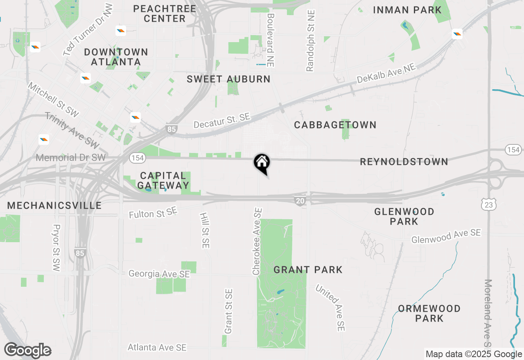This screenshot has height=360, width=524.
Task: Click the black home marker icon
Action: (x=262, y=163)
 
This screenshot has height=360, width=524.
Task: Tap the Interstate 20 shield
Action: (x=300, y=200)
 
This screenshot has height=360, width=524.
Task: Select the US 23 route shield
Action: (x=489, y=205)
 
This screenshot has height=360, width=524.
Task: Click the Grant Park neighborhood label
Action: (x=308, y=270)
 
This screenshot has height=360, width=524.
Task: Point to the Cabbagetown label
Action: (x=335, y=125)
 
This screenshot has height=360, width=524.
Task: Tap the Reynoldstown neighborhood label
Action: (x=404, y=162)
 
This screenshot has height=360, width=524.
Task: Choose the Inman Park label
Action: (x=407, y=10)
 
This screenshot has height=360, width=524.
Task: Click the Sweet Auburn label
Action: (x=228, y=79)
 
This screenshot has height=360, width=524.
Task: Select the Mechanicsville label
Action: (x=54, y=205)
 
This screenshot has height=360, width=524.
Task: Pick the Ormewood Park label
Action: (x=429, y=313)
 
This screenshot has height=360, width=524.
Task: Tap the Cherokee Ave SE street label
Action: (x=257, y=241)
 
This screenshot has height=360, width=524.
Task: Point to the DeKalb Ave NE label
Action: (x=386, y=74)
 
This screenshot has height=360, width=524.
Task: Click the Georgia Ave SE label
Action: (x=159, y=274)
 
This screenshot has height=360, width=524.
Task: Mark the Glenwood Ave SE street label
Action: (x=446, y=236)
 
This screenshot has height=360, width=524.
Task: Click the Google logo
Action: (x=27, y=351)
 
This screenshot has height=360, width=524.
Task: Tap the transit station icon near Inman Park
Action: (x=457, y=34)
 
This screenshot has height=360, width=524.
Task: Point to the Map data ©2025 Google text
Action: (x=474, y=354)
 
